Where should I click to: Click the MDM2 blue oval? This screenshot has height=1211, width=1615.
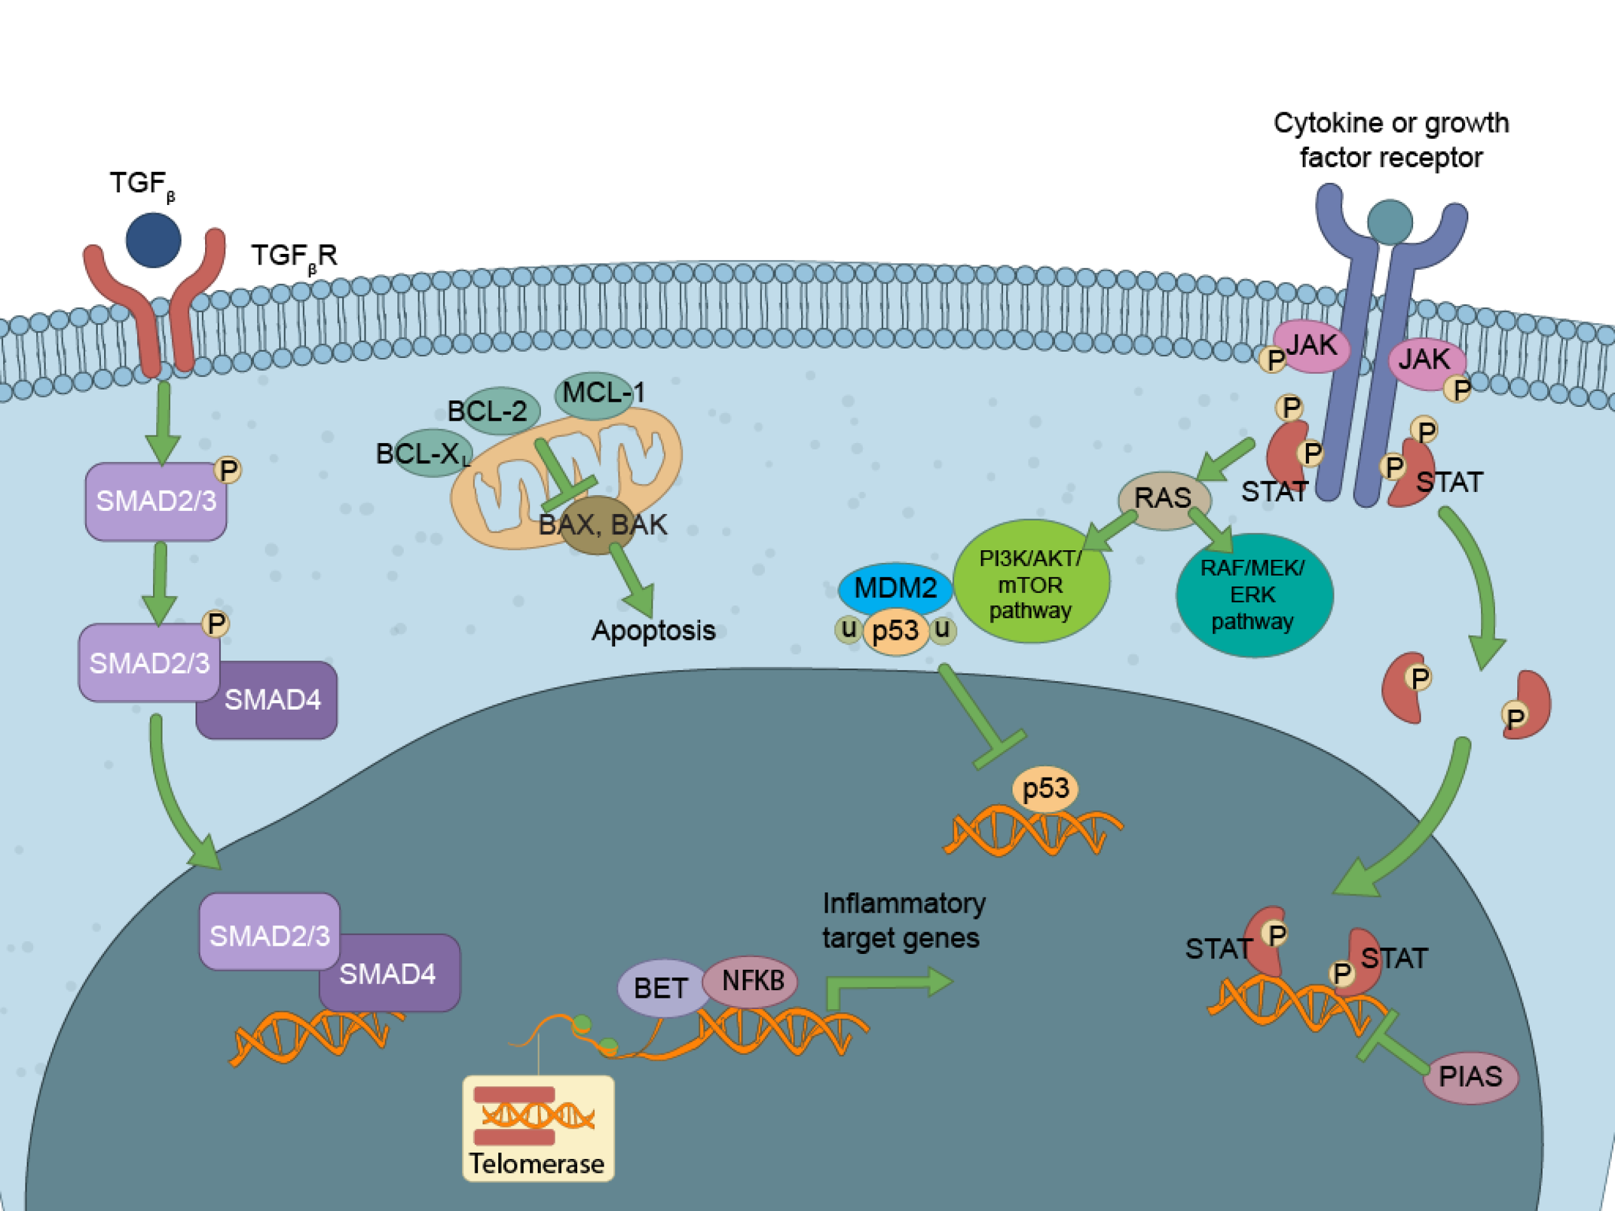[x=895, y=588]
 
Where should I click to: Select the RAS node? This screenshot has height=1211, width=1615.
[x=1164, y=500]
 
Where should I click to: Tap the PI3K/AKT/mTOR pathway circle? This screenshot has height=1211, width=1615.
[x=1031, y=582]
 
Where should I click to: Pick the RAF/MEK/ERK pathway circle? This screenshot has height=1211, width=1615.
[x=1254, y=595]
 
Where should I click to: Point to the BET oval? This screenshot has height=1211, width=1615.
[x=661, y=988]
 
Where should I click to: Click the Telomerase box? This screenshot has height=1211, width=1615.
[x=538, y=1128]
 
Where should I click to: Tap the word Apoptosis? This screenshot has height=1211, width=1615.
[x=653, y=631]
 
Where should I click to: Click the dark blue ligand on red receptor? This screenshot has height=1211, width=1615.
[x=154, y=240]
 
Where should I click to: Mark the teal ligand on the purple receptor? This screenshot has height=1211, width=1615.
[x=1390, y=223]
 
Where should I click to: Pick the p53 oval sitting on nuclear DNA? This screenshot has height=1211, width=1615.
[x=1045, y=789]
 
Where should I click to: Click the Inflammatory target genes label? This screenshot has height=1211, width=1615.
[x=903, y=920]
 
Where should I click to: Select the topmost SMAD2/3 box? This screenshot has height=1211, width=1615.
[x=156, y=502]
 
